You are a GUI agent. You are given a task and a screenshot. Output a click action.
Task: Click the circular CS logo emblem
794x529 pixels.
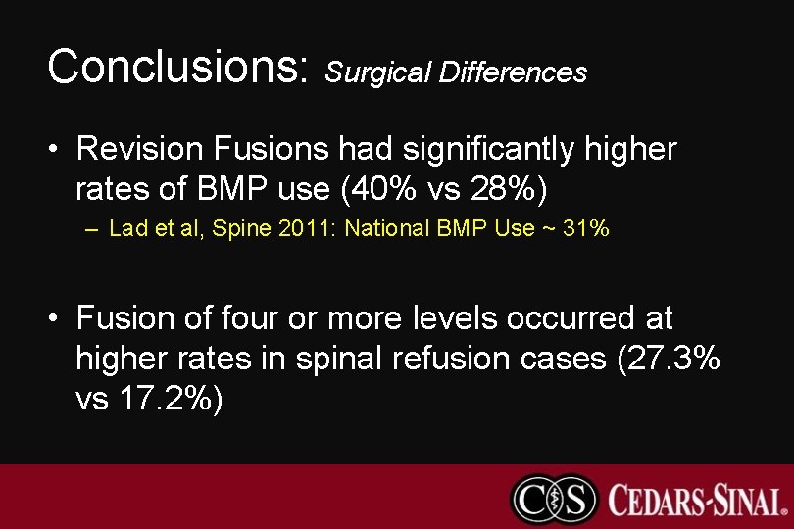(554, 499)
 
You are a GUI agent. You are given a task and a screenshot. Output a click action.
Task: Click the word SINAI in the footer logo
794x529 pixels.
(751, 500)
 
